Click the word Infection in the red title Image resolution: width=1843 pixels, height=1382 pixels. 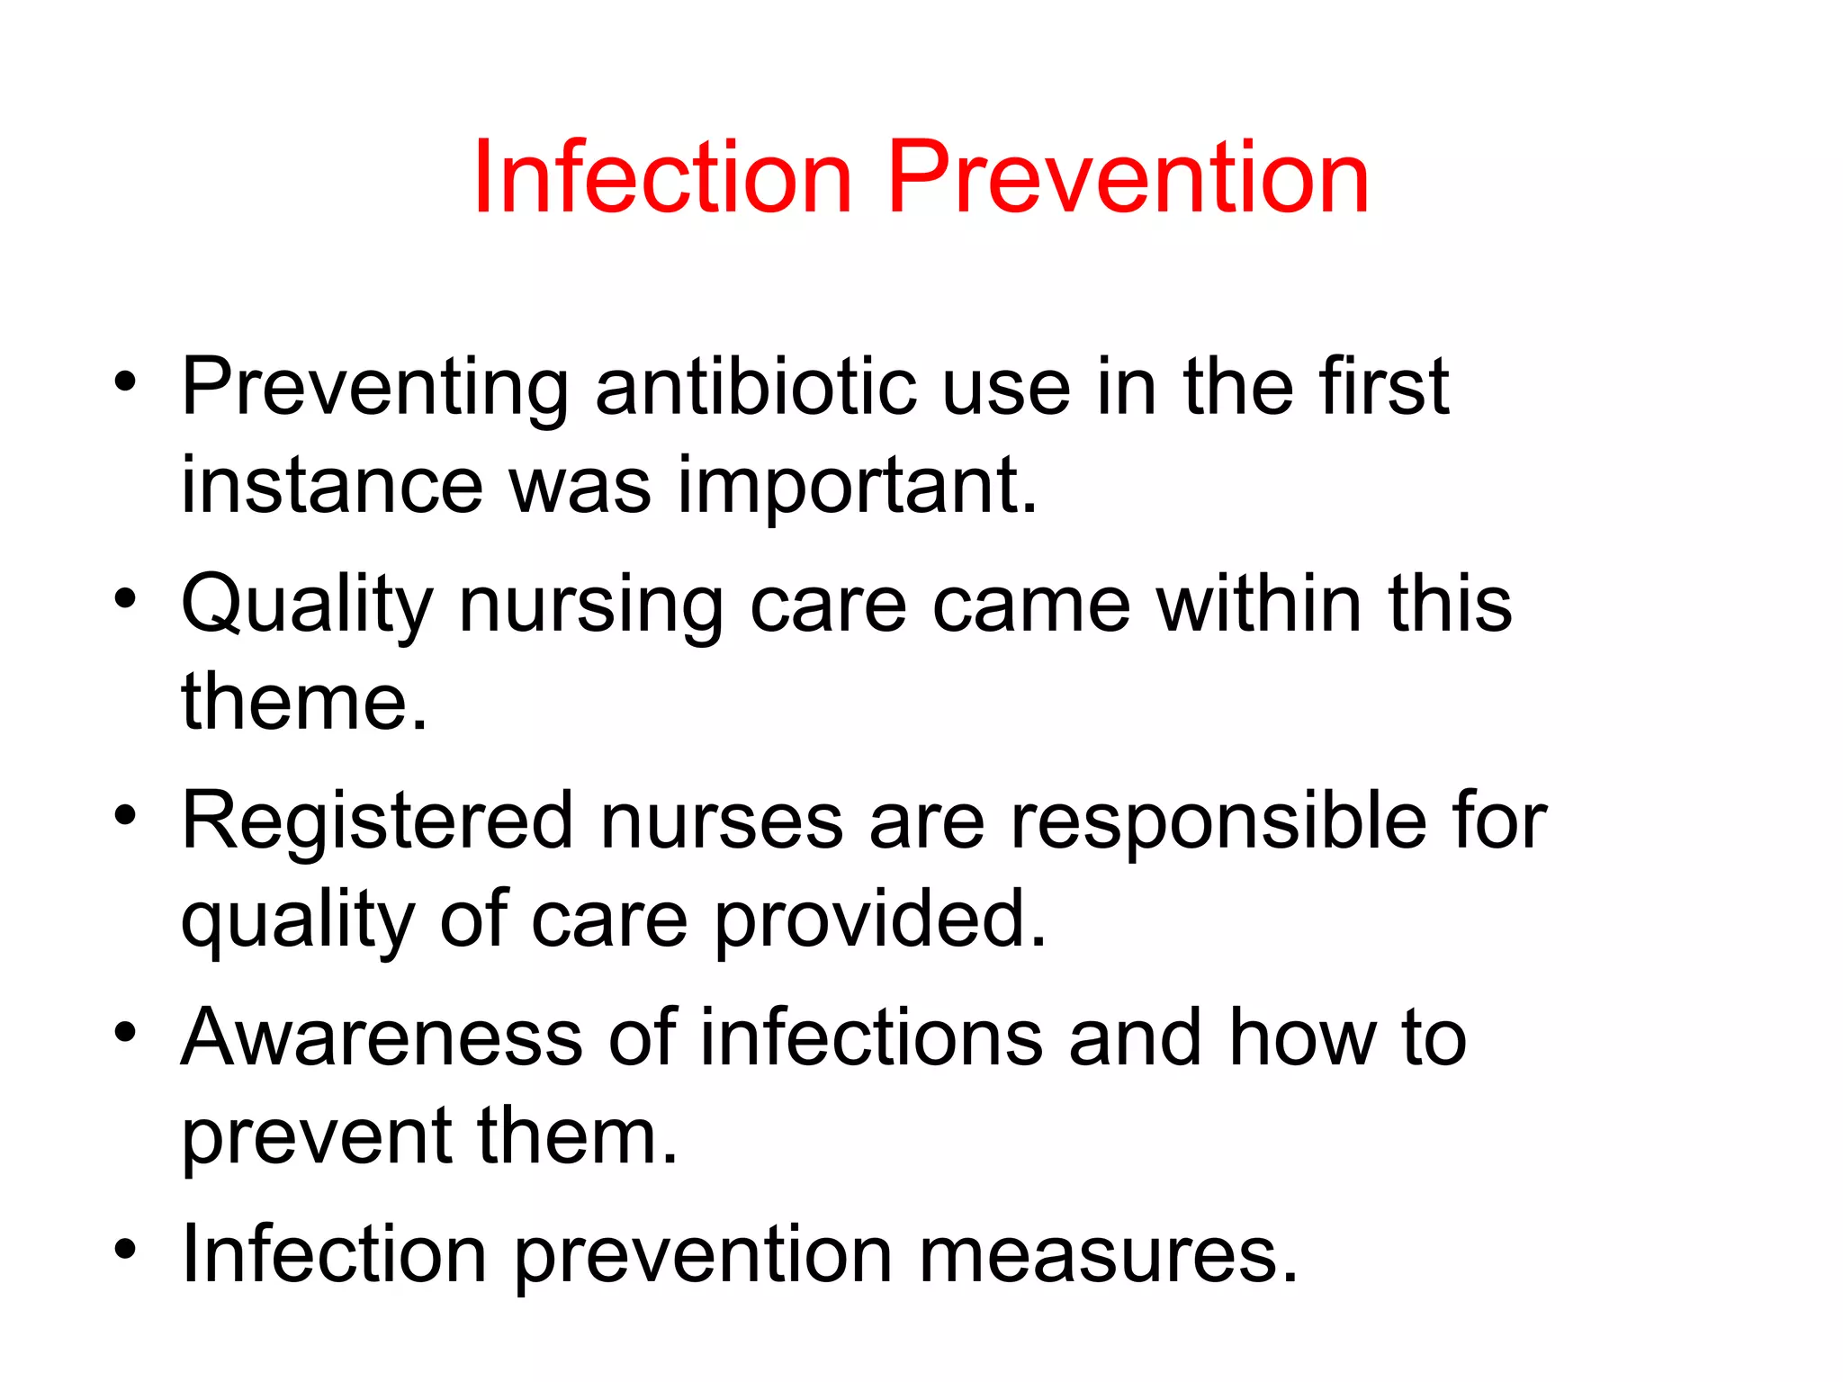[x=662, y=177]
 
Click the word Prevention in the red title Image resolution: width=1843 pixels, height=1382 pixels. [x=1128, y=177]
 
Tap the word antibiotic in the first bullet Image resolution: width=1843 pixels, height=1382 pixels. [x=756, y=387]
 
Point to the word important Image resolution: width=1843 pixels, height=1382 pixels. [x=858, y=486]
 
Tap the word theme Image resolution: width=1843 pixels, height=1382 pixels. [x=304, y=702]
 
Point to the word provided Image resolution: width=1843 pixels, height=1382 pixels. [x=881, y=920]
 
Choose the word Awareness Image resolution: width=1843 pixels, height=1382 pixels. [x=382, y=1038]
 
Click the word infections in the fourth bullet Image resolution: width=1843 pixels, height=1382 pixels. [x=872, y=1038]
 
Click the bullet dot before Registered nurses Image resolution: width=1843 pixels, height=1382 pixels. [x=125, y=815]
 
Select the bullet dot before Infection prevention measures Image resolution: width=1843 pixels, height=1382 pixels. [x=125, y=1248]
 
